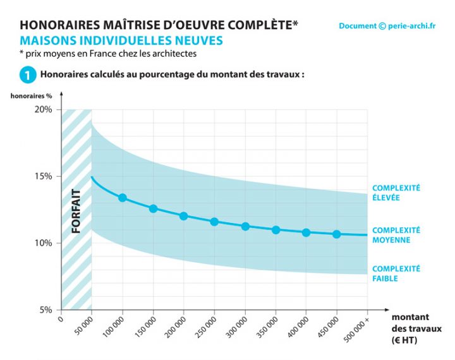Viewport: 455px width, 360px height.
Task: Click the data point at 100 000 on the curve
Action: click(x=123, y=198)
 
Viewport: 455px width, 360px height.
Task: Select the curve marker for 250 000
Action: click(x=214, y=222)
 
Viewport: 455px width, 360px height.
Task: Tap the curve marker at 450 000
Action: click(x=337, y=234)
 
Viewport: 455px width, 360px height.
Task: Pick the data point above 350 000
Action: click(x=276, y=230)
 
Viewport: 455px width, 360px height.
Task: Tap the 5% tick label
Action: click(x=47, y=310)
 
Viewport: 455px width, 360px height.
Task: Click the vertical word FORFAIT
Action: click(x=76, y=212)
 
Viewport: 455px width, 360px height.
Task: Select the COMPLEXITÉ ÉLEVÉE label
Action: click(x=396, y=193)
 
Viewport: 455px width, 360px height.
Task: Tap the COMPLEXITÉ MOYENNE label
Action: click(x=396, y=235)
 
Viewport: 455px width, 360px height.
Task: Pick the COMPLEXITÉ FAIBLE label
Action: click(x=396, y=273)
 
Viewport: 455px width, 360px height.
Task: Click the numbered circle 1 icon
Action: click(x=27, y=75)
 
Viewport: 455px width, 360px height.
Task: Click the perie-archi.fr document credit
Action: click(x=387, y=26)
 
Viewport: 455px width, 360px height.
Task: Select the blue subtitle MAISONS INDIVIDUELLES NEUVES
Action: click(x=121, y=40)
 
